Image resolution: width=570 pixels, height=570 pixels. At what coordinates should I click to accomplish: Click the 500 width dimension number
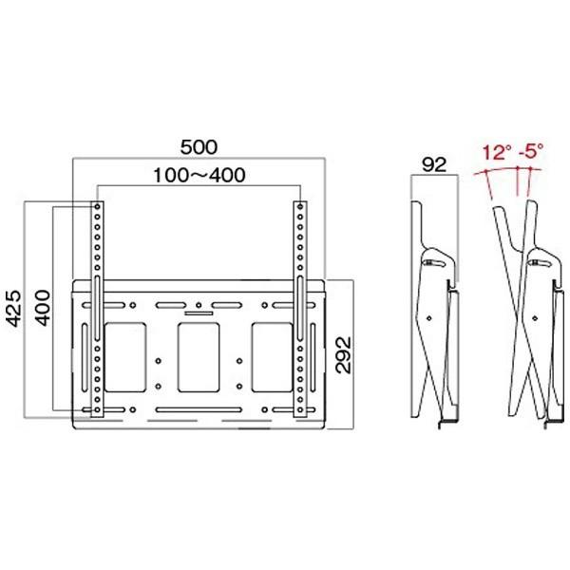pyautogui.click(x=199, y=147)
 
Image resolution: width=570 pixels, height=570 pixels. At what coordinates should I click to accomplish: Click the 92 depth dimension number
pyautogui.click(x=433, y=164)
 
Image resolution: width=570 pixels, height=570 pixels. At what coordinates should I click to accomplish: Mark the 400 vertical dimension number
pyautogui.click(x=43, y=309)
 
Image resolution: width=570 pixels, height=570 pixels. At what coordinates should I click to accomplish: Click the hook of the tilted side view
pyautogui.click(x=536, y=256)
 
